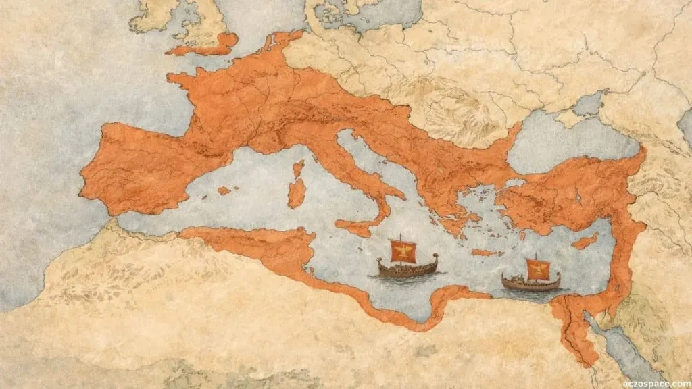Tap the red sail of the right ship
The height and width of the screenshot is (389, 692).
pyautogui.click(x=538, y=269)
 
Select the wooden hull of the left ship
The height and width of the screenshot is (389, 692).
pyautogui.click(x=406, y=269)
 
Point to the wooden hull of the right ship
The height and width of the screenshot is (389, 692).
pyautogui.click(x=531, y=284)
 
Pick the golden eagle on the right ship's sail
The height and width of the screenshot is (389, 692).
pyautogui.click(x=539, y=269)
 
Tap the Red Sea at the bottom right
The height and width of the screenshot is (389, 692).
pyautogui.click(x=628, y=358)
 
